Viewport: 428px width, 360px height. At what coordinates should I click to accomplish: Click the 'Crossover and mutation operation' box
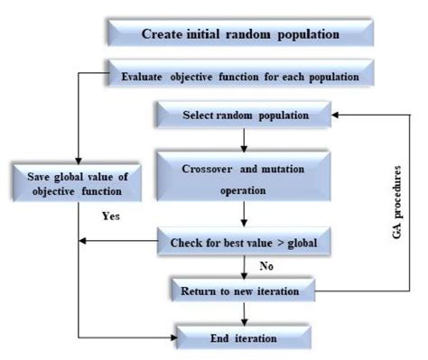(x=244, y=178)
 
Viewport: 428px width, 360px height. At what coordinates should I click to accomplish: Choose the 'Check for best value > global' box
(x=244, y=241)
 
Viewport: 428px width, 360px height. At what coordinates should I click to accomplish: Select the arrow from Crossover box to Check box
(x=245, y=216)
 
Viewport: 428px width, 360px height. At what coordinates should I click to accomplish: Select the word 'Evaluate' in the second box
(x=146, y=76)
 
